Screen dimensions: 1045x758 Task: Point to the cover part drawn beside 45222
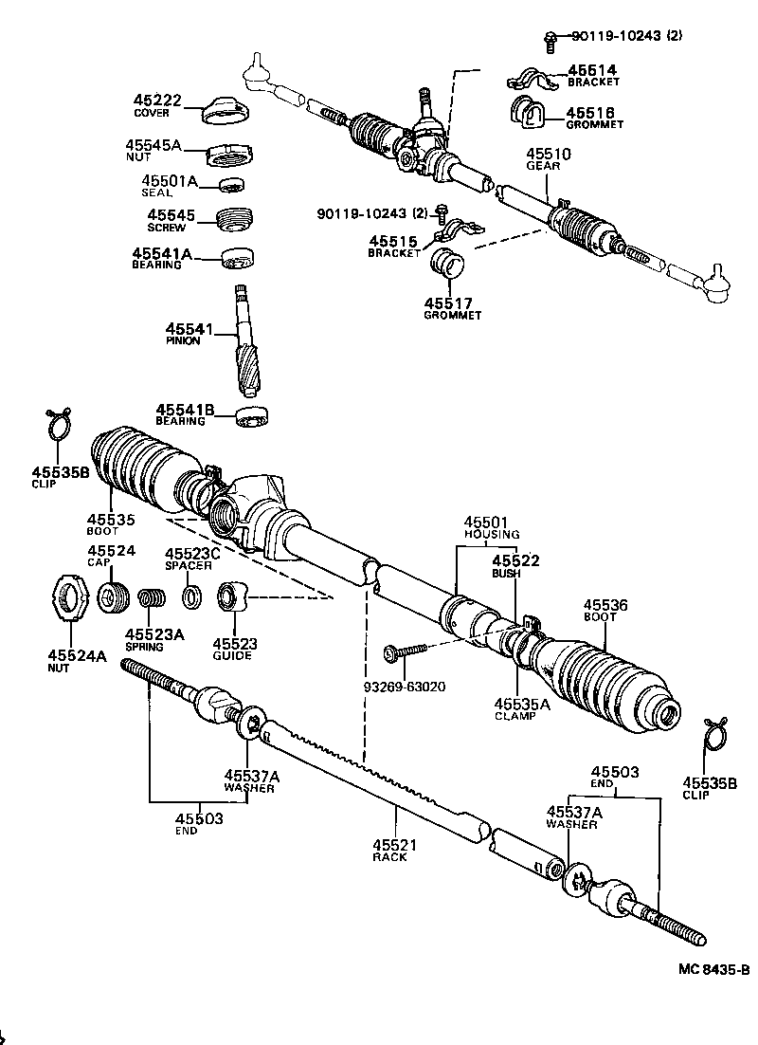pyautogui.click(x=225, y=110)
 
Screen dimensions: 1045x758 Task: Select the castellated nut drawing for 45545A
pyautogui.click(x=227, y=152)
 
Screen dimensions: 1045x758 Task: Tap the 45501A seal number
pyautogui.click(x=170, y=181)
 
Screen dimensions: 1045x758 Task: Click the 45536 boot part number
pyautogui.click(x=605, y=605)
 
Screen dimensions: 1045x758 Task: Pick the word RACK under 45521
pyautogui.click(x=390, y=857)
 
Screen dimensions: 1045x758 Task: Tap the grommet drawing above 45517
pyautogui.click(x=448, y=265)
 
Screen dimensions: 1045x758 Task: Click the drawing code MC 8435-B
pyautogui.click(x=713, y=969)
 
